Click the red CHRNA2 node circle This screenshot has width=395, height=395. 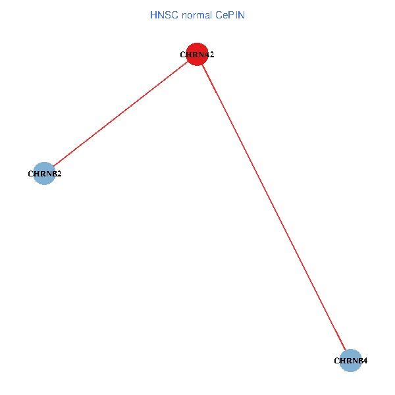[197, 55]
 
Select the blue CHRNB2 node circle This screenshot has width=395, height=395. [43, 174]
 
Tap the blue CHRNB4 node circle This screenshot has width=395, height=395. [351, 360]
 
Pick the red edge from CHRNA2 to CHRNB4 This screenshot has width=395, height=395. [274, 207]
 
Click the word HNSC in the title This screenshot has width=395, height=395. [161, 14]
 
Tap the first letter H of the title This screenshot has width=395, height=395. [153, 14]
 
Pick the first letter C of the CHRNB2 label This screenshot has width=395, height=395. [31, 174]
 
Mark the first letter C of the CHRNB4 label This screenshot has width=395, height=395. [337, 361]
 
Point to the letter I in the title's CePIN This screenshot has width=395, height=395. [236, 14]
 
